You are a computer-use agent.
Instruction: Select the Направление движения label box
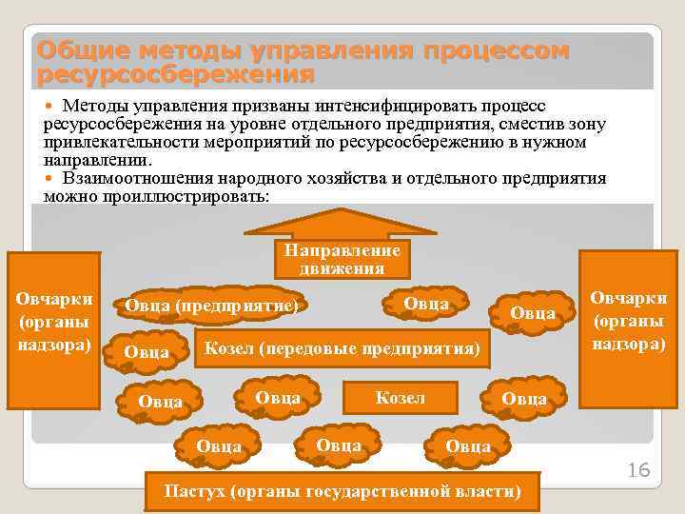tap(340, 258)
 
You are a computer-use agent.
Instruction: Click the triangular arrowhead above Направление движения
tap(340, 222)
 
